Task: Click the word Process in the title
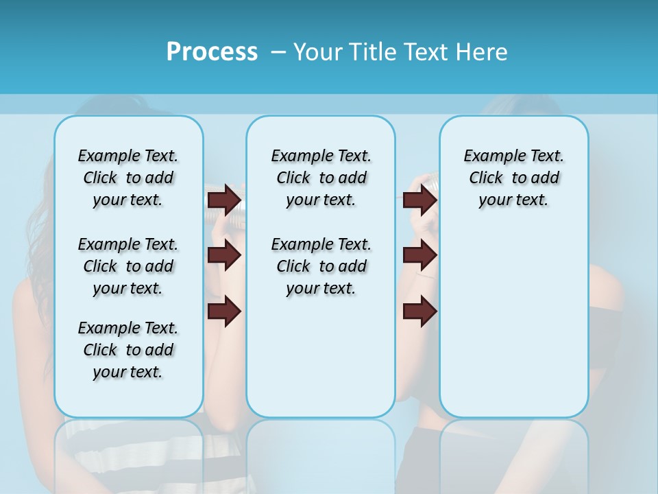click(212, 52)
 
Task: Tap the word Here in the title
click(483, 52)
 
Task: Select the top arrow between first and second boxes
click(224, 200)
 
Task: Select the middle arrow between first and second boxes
click(224, 255)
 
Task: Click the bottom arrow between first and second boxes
click(224, 311)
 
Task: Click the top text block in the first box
click(128, 178)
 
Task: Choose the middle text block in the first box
click(128, 266)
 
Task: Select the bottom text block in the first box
click(128, 350)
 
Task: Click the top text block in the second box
click(321, 178)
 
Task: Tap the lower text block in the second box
click(321, 266)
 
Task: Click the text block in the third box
click(513, 178)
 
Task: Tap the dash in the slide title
click(278, 52)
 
